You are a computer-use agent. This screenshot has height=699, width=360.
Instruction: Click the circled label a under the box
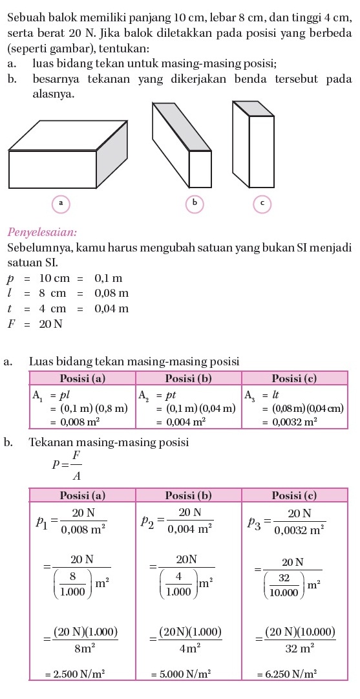[x=60, y=203]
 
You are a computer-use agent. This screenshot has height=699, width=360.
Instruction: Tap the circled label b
[x=194, y=203]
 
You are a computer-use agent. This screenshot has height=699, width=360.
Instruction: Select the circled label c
[x=262, y=203]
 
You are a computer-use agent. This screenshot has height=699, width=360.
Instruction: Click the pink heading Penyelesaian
[x=42, y=231]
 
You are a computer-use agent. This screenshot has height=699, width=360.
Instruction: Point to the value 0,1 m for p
[x=108, y=279]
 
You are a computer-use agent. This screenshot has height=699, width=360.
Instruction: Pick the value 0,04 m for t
[x=112, y=308]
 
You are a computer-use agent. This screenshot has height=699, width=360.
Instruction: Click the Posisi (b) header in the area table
[x=188, y=378]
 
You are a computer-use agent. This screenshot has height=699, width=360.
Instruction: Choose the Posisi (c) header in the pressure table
[x=294, y=495]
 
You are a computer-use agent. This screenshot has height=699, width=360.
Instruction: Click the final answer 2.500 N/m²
[x=75, y=673]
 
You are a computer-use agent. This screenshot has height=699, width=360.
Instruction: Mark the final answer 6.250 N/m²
[x=291, y=673]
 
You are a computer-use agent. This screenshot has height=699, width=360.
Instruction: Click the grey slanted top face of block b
[x=182, y=126]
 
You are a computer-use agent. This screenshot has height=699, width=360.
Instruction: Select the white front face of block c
[x=262, y=151]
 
